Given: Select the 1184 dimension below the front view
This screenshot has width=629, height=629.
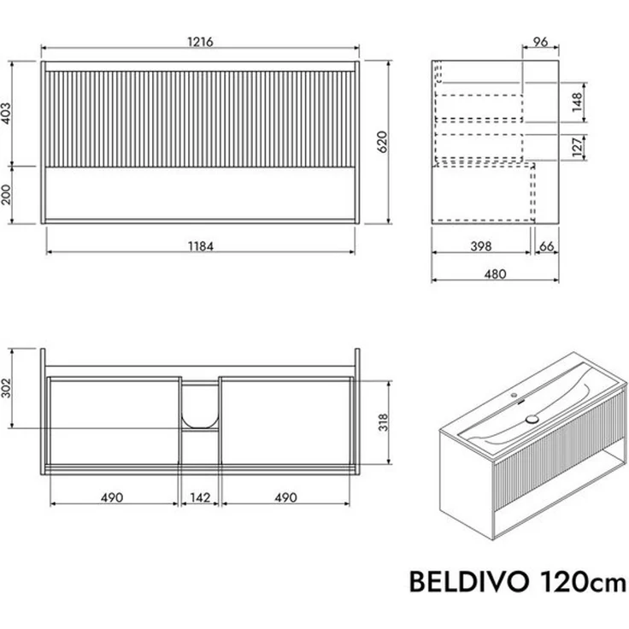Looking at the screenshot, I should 200,246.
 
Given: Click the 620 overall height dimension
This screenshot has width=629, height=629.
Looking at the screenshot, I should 383,142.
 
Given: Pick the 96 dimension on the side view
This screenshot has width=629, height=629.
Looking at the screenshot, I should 540,42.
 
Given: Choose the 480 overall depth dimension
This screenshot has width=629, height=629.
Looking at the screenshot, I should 495,273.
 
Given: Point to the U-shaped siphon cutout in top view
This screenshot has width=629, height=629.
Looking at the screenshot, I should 200,407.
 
